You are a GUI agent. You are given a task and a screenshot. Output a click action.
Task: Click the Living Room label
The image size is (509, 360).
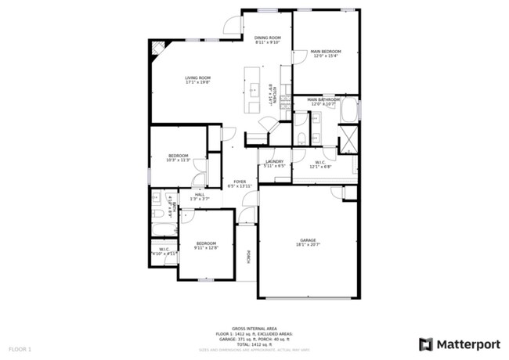(198, 77)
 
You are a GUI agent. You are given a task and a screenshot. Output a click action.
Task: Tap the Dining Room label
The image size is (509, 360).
(268, 38)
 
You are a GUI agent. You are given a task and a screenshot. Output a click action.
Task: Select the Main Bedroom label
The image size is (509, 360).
(327, 52)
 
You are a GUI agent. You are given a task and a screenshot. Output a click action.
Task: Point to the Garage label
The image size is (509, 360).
(308, 240)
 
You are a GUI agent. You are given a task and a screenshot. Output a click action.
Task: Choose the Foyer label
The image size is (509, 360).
(240, 182)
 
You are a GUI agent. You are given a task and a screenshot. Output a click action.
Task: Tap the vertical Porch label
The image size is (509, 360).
(249, 257)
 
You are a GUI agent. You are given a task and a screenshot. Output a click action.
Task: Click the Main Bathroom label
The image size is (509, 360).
(323, 99)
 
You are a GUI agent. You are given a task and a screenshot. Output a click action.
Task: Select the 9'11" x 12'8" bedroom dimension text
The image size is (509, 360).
(207, 248)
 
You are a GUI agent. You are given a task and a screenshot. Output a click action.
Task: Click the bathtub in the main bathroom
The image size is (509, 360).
(350, 111)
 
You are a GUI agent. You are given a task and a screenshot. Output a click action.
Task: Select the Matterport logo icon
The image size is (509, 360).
(425, 344)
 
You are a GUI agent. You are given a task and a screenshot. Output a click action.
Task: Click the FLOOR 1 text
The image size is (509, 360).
(20, 348)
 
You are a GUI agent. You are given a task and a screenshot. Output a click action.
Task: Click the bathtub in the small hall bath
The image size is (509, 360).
(165, 229)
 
